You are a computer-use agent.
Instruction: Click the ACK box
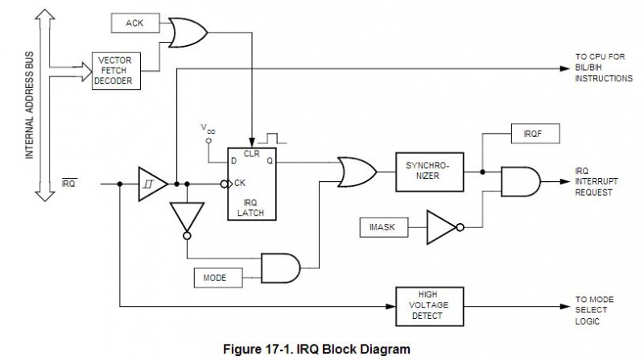pos(134,23)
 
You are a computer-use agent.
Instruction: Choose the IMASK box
pos(382,228)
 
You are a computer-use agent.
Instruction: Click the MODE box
pos(214,279)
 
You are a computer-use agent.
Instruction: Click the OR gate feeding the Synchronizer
pos(356,170)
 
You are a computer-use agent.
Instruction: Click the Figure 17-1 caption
pos(320,349)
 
